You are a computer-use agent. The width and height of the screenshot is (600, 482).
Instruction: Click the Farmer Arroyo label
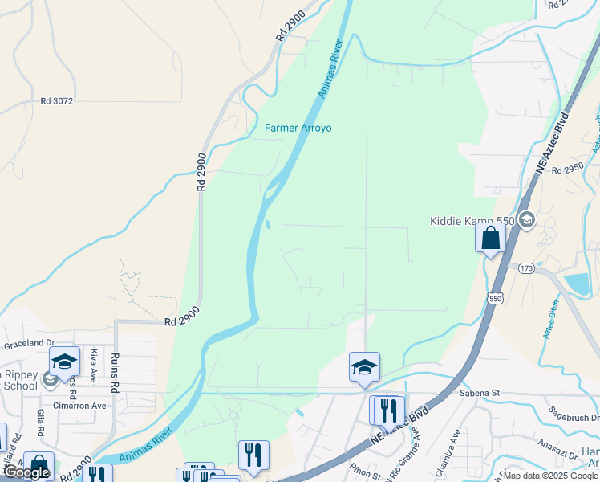pyautogui.click(x=298, y=128)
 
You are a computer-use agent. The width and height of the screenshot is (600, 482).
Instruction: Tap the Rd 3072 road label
pyautogui.click(x=57, y=101)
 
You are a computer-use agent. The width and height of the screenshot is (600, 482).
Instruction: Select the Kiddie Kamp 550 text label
pyautogui.click(x=471, y=221)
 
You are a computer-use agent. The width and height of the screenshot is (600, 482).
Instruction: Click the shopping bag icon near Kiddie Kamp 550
pyautogui.click(x=490, y=239)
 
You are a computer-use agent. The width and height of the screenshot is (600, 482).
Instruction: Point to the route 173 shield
pyautogui.click(x=526, y=268)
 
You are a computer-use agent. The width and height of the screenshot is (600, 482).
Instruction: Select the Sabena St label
pyautogui.click(x=480, y=393)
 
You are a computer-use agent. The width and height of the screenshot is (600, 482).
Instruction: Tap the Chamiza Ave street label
pyautogui.click(x=455, y=445)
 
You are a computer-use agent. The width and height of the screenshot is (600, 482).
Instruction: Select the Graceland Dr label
pyautogui.click(x=27, y=345)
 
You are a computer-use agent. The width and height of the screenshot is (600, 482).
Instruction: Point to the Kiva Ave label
pyautogui.click(x=94, y=365)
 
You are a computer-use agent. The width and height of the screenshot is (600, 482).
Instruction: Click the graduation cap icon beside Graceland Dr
pyautogui.click(x=64, y=361)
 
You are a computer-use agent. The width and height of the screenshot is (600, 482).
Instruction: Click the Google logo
pyautogui.click(x=26, y=473)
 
